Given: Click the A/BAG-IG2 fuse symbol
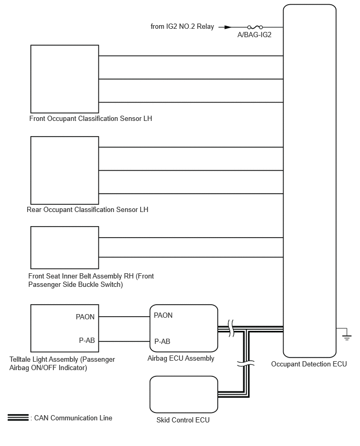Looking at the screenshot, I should coord(255,27).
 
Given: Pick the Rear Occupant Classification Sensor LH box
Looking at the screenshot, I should coord(64,170).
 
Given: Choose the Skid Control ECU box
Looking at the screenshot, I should coord(184,394).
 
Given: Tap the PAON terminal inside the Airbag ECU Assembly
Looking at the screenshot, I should coord(163,316).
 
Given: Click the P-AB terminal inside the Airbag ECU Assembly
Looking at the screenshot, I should coord(162,341).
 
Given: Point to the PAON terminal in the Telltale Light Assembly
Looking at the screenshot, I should coord(86,317).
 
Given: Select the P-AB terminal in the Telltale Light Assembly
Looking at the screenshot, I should coord(87,341).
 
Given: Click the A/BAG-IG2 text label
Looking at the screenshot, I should coord(255,36).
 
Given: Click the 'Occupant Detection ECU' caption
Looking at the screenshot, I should coord(309,364).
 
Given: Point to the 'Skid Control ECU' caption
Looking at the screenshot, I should coord(183,420).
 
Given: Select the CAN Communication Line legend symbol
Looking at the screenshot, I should coord(18,418).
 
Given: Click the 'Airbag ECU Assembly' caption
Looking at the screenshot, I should coord(181,359).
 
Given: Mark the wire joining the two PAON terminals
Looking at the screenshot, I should coord(124,316).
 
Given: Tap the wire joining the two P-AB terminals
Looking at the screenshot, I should coord(124,341).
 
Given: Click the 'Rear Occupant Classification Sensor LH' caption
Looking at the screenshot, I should coord(87,210).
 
